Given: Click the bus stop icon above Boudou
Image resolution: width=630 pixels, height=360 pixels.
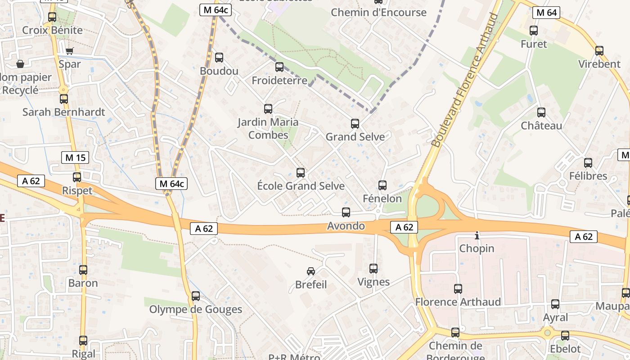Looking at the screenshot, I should (219, 58).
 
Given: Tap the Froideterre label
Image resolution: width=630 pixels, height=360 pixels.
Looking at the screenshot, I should (279, 81).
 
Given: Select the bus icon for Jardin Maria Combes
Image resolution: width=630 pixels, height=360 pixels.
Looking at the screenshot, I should (268, 108).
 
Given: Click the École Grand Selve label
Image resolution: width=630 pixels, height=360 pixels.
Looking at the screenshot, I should (301, 186).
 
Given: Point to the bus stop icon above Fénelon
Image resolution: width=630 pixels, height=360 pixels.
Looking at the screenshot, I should (382, 185).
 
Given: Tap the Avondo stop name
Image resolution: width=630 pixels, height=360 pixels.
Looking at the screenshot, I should (346, 226).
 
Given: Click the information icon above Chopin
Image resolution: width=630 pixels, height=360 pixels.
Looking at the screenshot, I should (477, 235).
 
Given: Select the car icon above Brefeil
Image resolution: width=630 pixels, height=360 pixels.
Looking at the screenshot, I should (311, 271).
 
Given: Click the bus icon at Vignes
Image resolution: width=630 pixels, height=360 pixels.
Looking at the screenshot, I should (373, 269).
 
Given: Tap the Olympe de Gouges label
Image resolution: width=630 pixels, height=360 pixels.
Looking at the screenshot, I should (196, 310).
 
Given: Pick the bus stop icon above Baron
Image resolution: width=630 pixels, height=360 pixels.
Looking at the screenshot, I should (83, 270).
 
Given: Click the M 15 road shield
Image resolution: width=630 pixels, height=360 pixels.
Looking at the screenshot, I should (75, 157).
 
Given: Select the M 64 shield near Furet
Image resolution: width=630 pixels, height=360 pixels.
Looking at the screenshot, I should (547, 13).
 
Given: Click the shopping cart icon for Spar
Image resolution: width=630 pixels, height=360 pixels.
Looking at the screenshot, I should (69, 51).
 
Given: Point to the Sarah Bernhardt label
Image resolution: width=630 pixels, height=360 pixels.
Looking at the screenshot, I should (64, 112).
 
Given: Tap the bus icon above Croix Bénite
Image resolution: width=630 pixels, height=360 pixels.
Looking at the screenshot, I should (52, 17).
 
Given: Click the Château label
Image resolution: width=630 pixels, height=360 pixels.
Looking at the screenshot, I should (541, 126).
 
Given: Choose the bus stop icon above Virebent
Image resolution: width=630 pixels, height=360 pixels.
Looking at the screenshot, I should (599, 50).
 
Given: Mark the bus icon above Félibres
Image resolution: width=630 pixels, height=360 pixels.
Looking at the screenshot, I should (588, 163).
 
